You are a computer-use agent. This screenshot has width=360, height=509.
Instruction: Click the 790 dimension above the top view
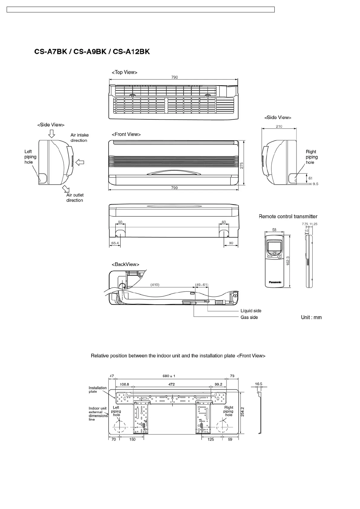(175, 77)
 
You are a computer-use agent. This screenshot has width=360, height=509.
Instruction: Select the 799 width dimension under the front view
(174, 188)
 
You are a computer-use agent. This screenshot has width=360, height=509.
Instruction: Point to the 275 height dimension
(241, 165)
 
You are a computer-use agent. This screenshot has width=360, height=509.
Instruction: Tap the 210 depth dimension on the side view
(279, 126)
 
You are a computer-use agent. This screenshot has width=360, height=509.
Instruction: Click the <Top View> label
(124, 72)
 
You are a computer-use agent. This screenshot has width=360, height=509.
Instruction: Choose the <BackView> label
(125, 264)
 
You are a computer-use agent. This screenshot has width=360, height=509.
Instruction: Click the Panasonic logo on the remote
(275, 282)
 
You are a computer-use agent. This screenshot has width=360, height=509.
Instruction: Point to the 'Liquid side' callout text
(251, 311)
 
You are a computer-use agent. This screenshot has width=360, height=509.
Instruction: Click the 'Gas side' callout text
(249, 317)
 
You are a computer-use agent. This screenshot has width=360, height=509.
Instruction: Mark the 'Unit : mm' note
(311, 317)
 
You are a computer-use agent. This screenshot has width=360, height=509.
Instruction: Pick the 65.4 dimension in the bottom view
(115, 243)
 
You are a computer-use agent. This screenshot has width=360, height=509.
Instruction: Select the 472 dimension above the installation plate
(172, 384)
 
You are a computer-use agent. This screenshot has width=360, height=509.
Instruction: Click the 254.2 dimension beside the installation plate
(242, 411)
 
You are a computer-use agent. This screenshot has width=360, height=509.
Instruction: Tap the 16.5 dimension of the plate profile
(258, 384)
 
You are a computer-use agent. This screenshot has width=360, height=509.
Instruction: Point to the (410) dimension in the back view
(155, 284)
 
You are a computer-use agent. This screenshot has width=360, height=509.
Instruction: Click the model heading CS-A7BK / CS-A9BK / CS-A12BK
(92, 52)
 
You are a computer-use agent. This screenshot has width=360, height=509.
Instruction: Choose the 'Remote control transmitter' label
(288, 216)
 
